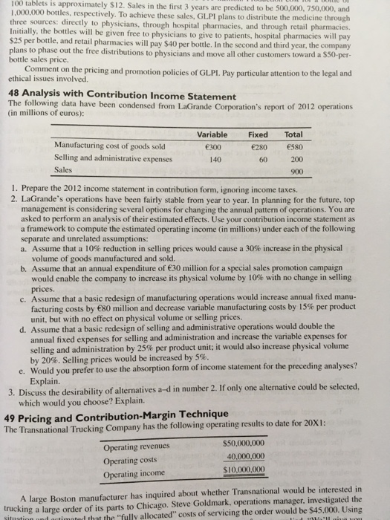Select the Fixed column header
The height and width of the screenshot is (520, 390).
pos(257,134)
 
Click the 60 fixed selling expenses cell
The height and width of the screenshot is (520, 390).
pos(261,158)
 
